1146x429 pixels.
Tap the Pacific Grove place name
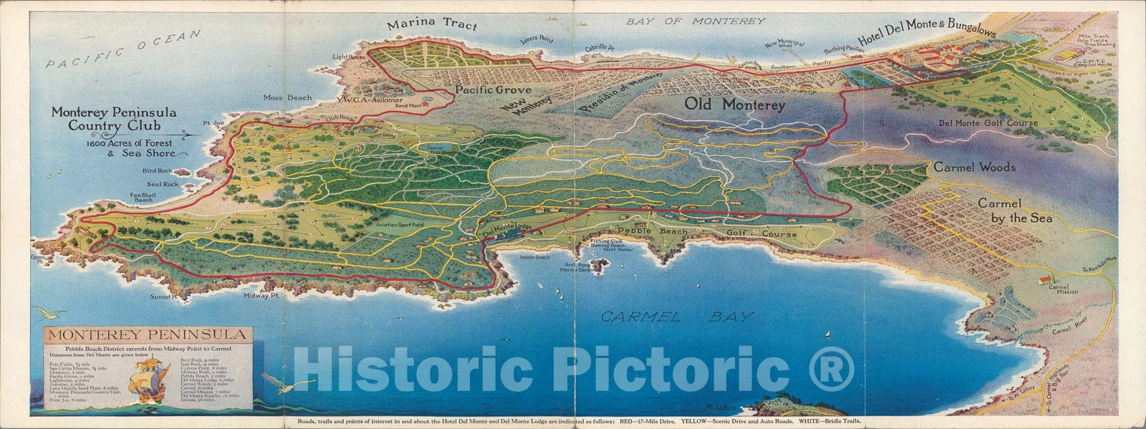pyautogui.click(x=493, y=90)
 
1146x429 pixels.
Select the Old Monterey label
pyautogui.click(x=735, y=105)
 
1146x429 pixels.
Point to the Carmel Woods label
pyautogui.click(x=974, y=167)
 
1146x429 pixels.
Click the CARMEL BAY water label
pyautogui.click(x=677, y=316)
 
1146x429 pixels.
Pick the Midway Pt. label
pyautogui.click(x=261, y=295)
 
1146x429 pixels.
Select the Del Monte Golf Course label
pyautogui.click(x=988, y=123)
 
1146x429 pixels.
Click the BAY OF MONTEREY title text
pyautogui.click(x=695, y=21)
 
